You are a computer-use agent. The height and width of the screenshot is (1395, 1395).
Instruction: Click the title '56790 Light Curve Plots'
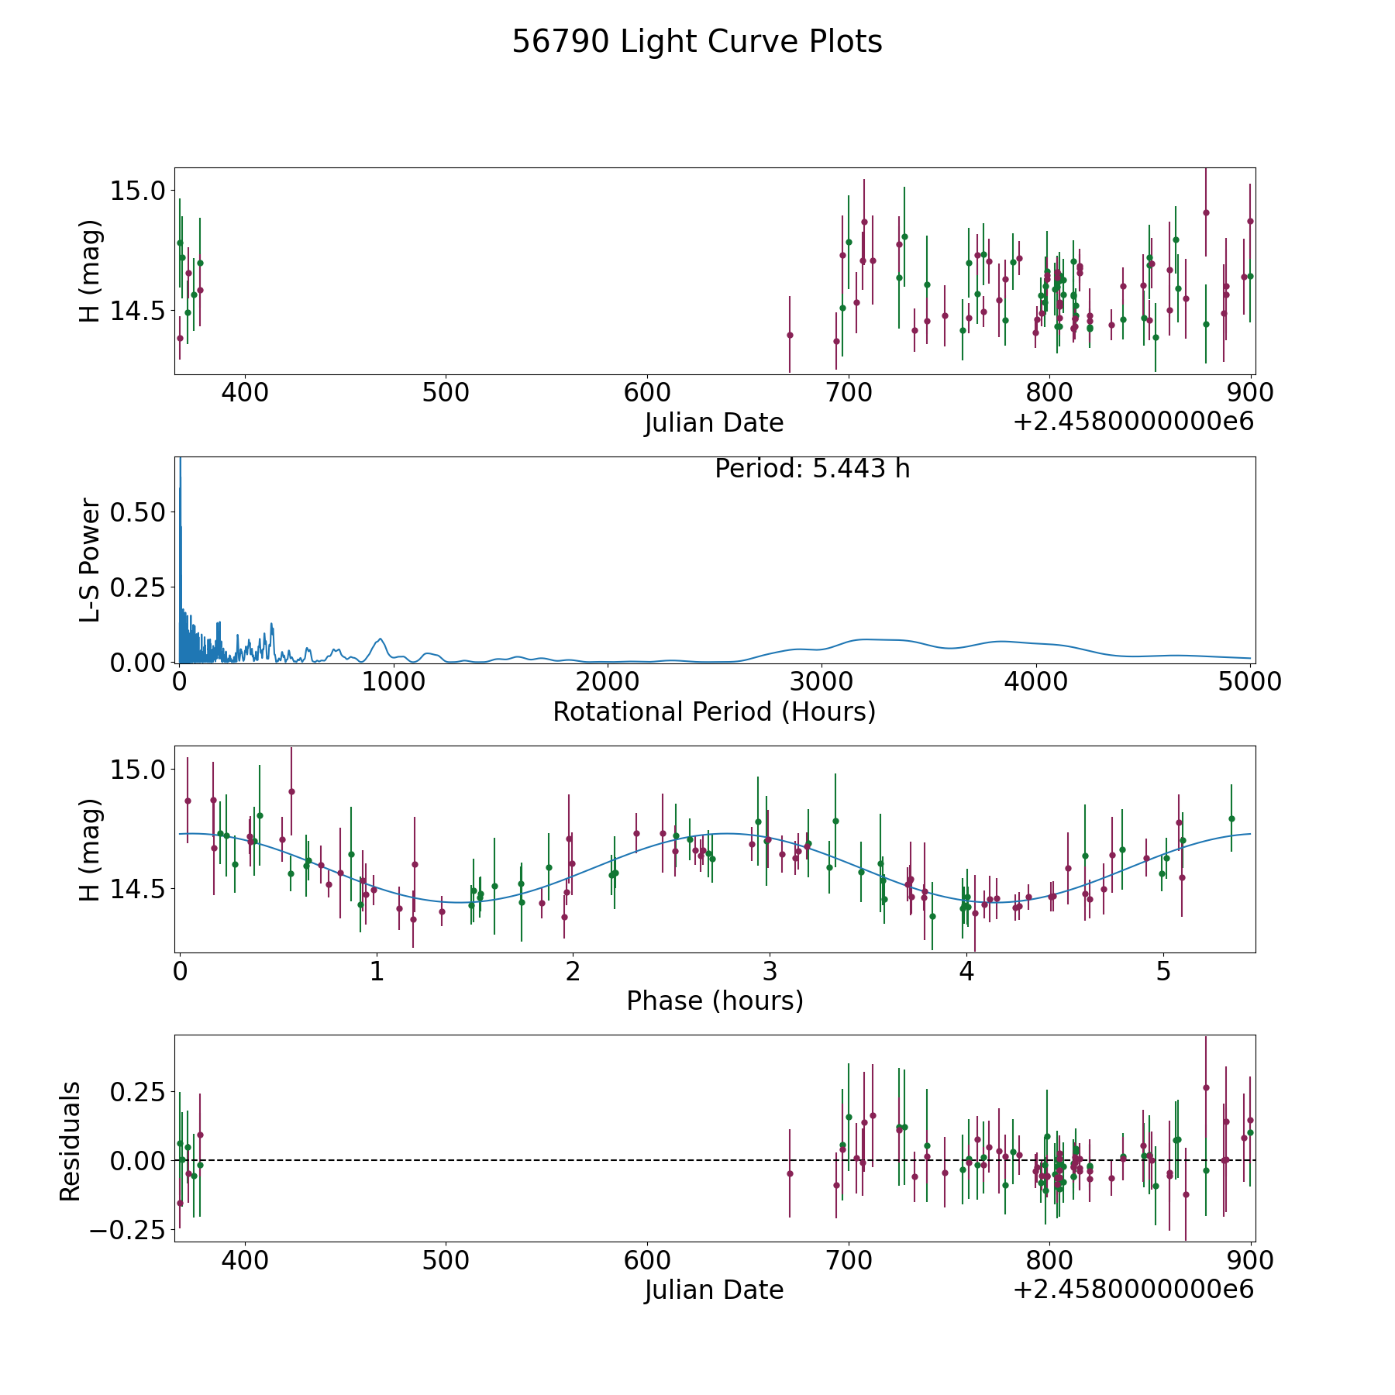tap(697, 42)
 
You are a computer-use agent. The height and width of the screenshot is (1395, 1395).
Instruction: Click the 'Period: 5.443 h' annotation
tap(812, 469)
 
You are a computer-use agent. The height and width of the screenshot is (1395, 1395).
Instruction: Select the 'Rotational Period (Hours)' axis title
tap(714, 711)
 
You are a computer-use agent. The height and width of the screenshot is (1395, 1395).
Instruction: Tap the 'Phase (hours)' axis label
tap(715, 1001)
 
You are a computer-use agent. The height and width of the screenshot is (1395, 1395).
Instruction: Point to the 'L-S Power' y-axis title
tap(90, 560)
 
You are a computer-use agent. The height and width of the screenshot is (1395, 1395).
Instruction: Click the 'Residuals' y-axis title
tap(71, 1142)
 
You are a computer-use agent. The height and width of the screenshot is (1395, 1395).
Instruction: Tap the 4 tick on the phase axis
tap(966, 971)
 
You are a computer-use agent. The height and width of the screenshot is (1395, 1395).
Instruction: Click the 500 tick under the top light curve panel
tap(446, 393)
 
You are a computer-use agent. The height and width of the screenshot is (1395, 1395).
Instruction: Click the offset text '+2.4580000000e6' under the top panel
tap(1133, 422)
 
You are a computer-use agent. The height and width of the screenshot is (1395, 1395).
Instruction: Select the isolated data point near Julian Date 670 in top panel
tap(790, 335)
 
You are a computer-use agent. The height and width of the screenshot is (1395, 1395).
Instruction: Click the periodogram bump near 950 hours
tap(380, 639)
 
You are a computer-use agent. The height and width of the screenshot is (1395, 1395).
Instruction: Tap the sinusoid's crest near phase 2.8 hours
tap(727, 833)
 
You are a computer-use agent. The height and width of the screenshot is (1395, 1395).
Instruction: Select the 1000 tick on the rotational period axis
tap(393, 682)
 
